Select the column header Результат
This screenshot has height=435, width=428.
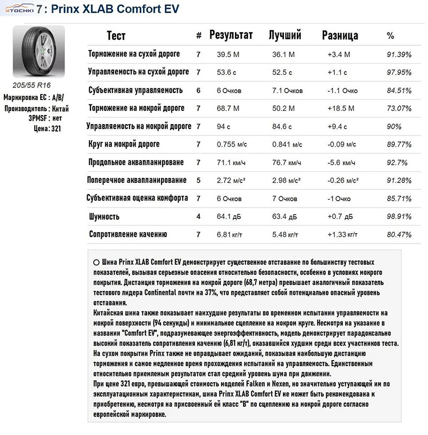tap(231, 35)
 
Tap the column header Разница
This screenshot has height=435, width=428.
tap(340, 36)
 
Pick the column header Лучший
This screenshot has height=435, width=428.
tap(285, 35)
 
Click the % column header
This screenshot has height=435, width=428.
tap(390, 36)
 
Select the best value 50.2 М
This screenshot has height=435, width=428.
tap(284, 109)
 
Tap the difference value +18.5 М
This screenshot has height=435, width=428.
tap(341, 109)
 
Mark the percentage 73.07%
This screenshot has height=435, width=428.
tap(399, 109)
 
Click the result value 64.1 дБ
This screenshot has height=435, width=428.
tap(229, 217)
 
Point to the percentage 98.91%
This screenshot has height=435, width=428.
tap(399, 217)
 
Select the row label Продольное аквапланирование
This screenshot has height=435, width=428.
tap(136, 162)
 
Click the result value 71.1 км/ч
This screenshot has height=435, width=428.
tap(231, 162)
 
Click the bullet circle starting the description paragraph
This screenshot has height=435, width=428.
tap(96, 263)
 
